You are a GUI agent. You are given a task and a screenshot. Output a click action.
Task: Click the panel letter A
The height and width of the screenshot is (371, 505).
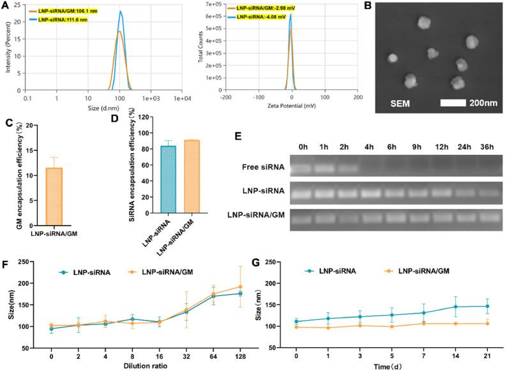[x=5, y=6]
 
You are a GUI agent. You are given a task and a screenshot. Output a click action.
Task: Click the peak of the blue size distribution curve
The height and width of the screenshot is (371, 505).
[x=120, y=11]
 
